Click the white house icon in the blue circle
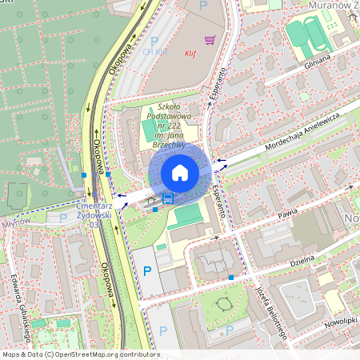pos(179,172)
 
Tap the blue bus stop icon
pos(168,198)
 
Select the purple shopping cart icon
pos(210,39)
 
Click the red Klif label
pos(190,55)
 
